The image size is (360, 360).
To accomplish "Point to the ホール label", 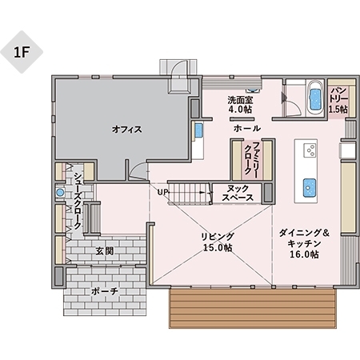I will coord(244,128).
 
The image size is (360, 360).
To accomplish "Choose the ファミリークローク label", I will coord(247,156).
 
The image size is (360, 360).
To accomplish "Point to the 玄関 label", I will coord(104,250).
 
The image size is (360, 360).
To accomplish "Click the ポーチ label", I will coord(104,291).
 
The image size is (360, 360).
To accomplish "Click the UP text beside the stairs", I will coord(162,192).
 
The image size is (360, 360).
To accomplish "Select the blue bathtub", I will coord(314,96).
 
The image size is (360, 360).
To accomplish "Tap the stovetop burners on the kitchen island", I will coord(310,150).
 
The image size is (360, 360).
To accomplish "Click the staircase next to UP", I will coord(190,193).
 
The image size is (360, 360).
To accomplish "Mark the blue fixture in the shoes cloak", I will coord(59,193).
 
